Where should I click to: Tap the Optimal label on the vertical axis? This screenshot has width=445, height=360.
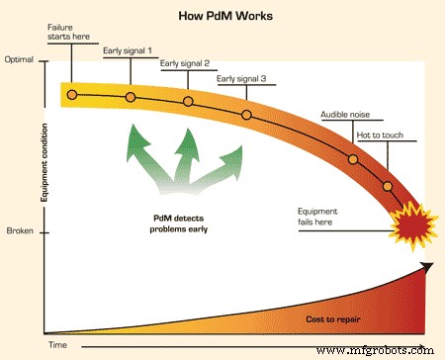20,59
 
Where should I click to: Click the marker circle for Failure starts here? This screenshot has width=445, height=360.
71,95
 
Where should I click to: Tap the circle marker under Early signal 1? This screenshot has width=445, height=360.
130,97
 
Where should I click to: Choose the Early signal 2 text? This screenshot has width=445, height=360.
185,62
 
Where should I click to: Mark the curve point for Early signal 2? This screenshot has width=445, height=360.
188,103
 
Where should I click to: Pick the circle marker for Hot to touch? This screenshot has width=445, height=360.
388,187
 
